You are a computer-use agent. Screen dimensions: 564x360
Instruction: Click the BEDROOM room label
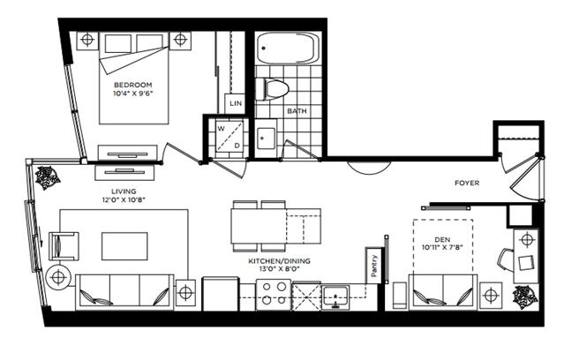pos(132,86)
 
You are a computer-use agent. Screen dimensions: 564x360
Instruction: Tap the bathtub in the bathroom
pos(288,49)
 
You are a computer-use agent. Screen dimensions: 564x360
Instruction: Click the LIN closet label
pos(236,103)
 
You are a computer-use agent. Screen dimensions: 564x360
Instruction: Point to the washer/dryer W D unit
pos(229,137)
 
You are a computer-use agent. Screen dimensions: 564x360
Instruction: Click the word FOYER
pos(467,183)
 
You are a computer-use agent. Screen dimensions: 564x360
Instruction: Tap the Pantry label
pos(373,266)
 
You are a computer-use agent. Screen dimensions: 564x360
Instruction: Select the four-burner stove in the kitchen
pos(274,294)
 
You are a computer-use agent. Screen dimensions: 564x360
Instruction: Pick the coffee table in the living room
pos(124,246)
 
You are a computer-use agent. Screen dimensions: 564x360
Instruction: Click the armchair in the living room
pos(64,246)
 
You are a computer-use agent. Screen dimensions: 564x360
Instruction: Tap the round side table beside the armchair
pos(58,277)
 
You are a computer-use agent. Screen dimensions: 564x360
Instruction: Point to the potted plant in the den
pos(525,297)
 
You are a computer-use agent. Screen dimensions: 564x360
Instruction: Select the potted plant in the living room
pos(47,177)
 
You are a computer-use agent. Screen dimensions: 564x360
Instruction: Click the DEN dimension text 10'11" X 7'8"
pos(442,247)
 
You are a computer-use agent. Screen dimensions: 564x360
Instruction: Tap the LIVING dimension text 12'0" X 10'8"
pos(124,200)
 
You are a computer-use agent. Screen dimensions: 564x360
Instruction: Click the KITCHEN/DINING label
pos(279,261)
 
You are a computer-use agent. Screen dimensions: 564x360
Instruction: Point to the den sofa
pos(443,292)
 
